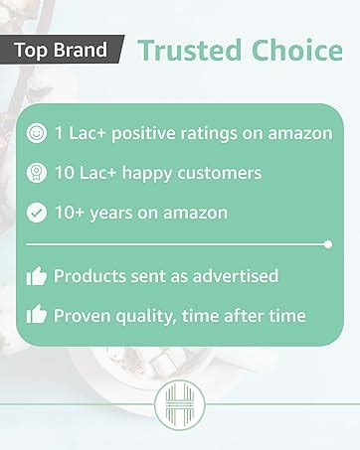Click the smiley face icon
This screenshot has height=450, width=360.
point(37,133)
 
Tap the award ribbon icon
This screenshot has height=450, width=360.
point(37,173)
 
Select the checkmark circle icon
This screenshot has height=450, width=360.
point(37,213)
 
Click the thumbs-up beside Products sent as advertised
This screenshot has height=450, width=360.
point(37,276)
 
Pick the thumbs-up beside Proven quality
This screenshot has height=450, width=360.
point(37,314)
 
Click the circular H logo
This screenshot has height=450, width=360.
point(180,405)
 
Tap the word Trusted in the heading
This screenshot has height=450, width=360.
point(189,51)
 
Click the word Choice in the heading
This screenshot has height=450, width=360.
point(297,51)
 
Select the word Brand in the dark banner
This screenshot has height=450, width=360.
point(81,50)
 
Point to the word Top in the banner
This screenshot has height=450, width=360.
point(32,51)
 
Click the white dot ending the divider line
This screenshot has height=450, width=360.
point(328,244)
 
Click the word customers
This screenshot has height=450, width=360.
point(220,173)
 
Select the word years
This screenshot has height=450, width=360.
point(111,214)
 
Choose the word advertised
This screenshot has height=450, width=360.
point(236,276)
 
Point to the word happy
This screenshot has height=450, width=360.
point(147,174)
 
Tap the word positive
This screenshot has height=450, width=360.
point(143,134)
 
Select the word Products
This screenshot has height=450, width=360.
point(90,276)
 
